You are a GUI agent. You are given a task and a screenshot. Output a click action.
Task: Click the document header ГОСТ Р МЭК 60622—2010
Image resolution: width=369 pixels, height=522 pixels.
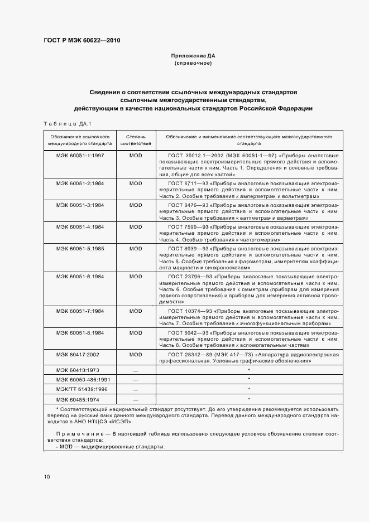(x=82, y=41)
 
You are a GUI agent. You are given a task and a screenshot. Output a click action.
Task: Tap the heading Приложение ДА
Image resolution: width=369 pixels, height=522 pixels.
(x=193, y=56)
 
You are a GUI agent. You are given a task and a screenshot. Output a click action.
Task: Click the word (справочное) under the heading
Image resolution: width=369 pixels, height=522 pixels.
(x=193, y=64)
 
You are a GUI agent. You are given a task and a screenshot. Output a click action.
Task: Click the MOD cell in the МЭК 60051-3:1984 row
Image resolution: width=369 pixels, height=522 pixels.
(x=136, y=205)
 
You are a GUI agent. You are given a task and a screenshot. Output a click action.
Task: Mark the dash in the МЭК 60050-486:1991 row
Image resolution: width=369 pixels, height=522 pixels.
(x=136, y=380)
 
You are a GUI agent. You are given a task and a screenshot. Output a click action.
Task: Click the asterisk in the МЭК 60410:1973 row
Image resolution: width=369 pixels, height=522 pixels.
(x=248, y=370)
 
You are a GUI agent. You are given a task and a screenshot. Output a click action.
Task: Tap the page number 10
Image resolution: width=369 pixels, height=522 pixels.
(x=47, y=477)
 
